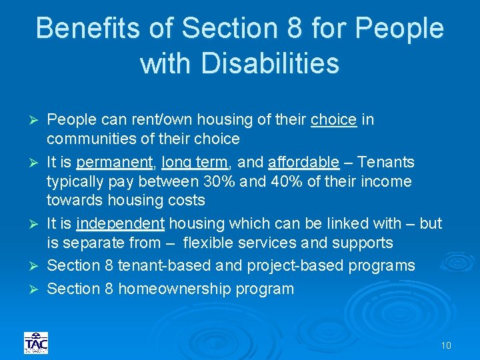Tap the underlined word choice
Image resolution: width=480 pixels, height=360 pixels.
[333, 120]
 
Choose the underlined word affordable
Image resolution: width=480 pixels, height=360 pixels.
[303, 163]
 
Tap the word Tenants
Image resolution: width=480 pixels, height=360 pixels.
[387, 163]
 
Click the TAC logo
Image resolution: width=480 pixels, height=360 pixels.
[35, 343]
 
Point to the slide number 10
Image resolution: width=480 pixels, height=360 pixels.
[446, 345]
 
